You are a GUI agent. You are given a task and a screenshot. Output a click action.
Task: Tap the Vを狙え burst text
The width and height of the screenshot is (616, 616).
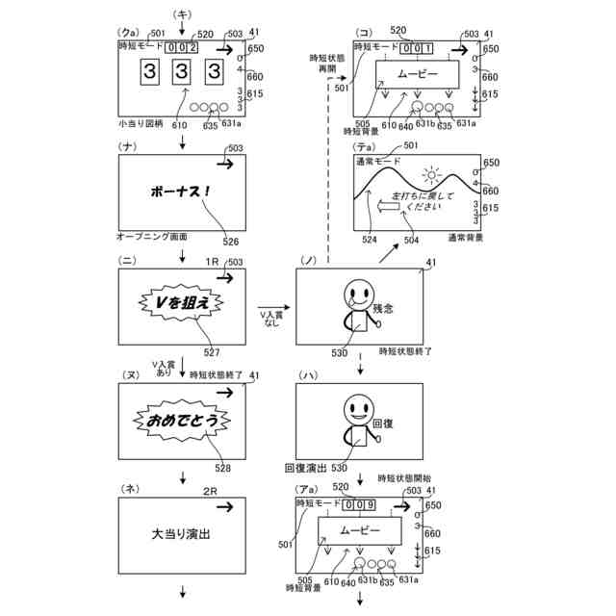[x=182, y=303]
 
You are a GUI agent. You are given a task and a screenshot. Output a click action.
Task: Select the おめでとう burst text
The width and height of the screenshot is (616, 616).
[x=182, y=420]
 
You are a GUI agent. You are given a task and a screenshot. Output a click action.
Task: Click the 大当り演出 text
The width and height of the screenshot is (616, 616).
[x=181, y=532]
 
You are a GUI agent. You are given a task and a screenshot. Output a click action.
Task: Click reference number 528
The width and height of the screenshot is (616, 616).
[x=222, y=468]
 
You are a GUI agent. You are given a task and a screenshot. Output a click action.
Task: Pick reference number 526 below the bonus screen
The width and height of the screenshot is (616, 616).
[x=231, y=242]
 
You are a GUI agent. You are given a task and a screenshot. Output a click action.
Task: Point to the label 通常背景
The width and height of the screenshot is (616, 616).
[x=466, y=237]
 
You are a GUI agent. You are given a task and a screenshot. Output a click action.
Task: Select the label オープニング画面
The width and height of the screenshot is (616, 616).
[x=152, y=236]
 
